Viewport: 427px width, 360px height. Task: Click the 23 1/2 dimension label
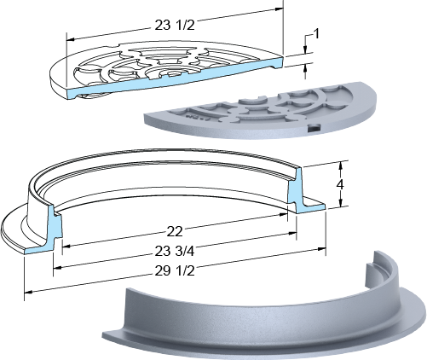coord(175,25)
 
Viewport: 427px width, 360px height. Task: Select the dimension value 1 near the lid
coord(316,34)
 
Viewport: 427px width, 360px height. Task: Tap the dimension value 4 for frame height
coord(340,185)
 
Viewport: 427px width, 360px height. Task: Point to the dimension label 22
coord(175,232)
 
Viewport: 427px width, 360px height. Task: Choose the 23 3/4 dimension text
coord(175,251)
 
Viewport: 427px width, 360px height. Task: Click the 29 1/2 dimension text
coord(175,271)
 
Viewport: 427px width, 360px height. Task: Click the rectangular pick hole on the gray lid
coord(314,128)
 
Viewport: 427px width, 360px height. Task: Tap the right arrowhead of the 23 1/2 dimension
coord(280,9)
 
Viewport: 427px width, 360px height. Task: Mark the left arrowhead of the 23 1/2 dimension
coord(71,39)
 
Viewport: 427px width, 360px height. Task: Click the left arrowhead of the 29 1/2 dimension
coord(28,292)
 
